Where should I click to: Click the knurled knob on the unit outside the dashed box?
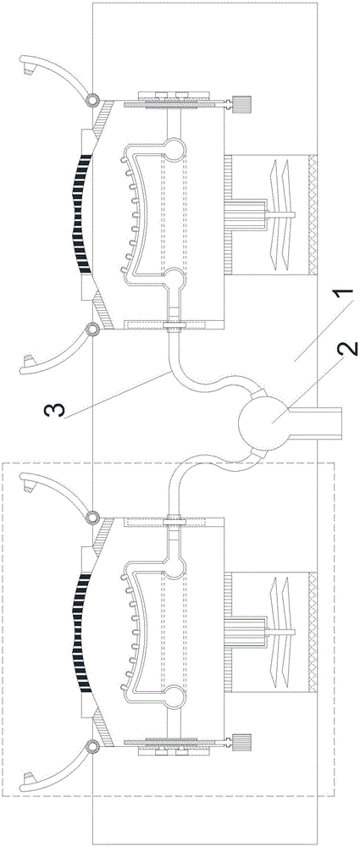[242, 103]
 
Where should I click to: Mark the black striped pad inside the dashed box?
[78, 632]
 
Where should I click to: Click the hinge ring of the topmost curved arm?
[90, 98]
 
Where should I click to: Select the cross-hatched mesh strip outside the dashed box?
[312, 215]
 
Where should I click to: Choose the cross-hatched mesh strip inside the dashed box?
[312, 632]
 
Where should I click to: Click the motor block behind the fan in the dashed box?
[246, 632]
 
